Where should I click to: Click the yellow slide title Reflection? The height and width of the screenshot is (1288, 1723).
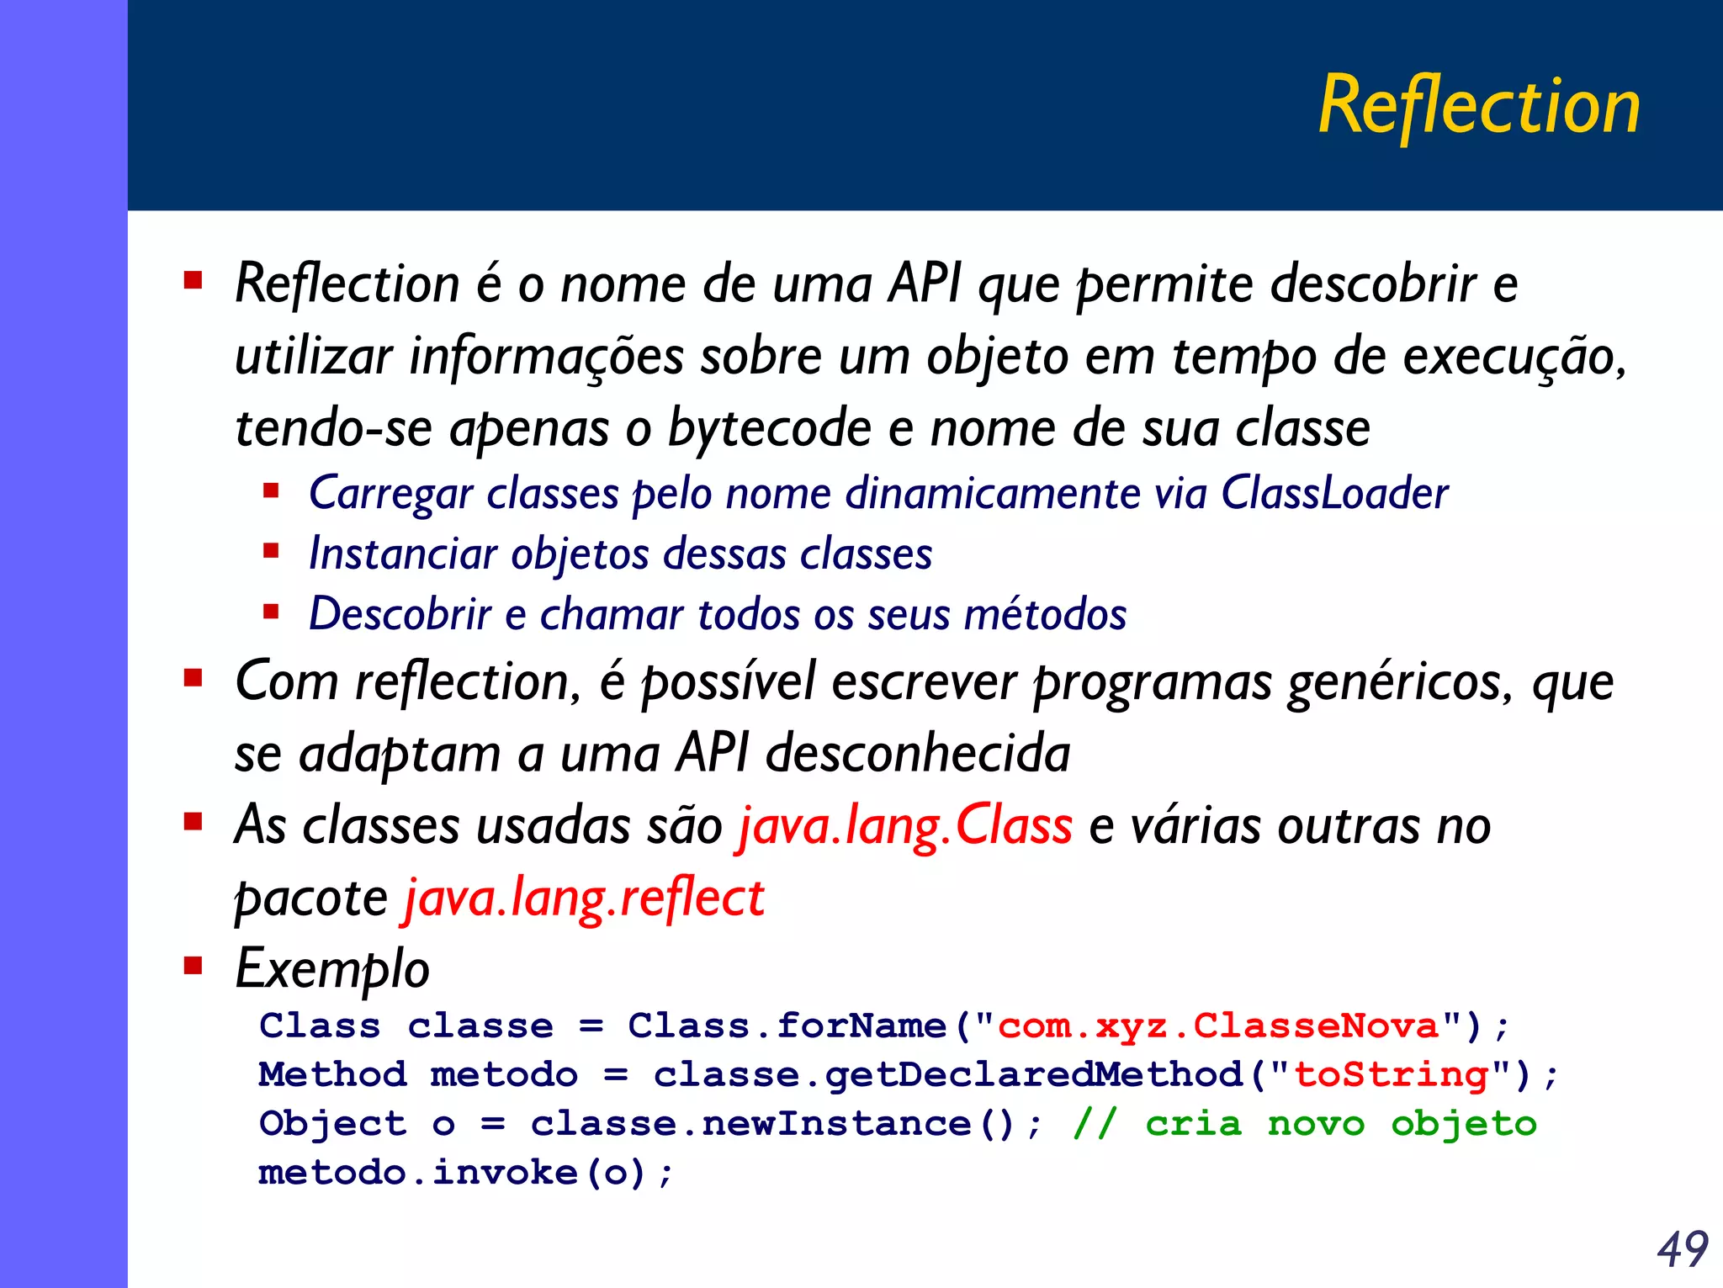[1478, 106]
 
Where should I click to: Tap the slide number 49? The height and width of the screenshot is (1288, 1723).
[1682, 1248]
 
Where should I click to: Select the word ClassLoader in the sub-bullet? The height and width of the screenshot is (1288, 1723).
[1334, 493]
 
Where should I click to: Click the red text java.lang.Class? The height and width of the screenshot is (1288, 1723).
[905, 825]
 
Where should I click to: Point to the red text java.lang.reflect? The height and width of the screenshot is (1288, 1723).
[585, 898]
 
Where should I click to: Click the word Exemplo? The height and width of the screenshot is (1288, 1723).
[332, 969]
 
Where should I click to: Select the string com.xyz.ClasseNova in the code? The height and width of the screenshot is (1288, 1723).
[1218, 1026]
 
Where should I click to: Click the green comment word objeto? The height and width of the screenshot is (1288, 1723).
[1464, 1124]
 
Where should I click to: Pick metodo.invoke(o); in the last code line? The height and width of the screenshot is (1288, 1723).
[465, 1173]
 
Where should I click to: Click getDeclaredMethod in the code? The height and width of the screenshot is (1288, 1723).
[1033, 1075]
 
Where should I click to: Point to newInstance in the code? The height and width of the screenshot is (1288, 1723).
[836, 1124]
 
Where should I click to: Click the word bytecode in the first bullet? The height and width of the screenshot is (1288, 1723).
[769, 429]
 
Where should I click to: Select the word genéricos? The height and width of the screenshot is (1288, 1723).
[1400, 681]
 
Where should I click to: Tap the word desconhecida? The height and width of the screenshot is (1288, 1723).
[918, 753]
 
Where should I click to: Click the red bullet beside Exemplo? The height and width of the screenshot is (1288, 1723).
[194, 965]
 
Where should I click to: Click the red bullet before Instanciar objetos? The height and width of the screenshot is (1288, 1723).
[271, 552]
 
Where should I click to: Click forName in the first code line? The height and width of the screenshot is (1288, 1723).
[861, 1026]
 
